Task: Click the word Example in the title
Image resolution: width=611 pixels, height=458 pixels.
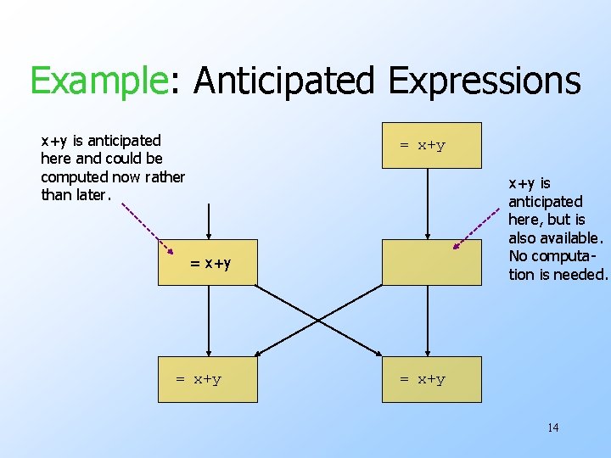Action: [97, 81]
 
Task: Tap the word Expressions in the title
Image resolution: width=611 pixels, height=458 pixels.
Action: [484, 81]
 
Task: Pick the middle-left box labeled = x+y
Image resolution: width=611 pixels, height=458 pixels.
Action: [207, 262]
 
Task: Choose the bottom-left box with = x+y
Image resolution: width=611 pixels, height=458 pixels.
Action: [207, 379]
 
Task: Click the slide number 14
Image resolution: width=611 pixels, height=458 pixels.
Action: [552, 427]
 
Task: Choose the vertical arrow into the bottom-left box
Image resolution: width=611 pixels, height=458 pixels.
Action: [207, 321]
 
